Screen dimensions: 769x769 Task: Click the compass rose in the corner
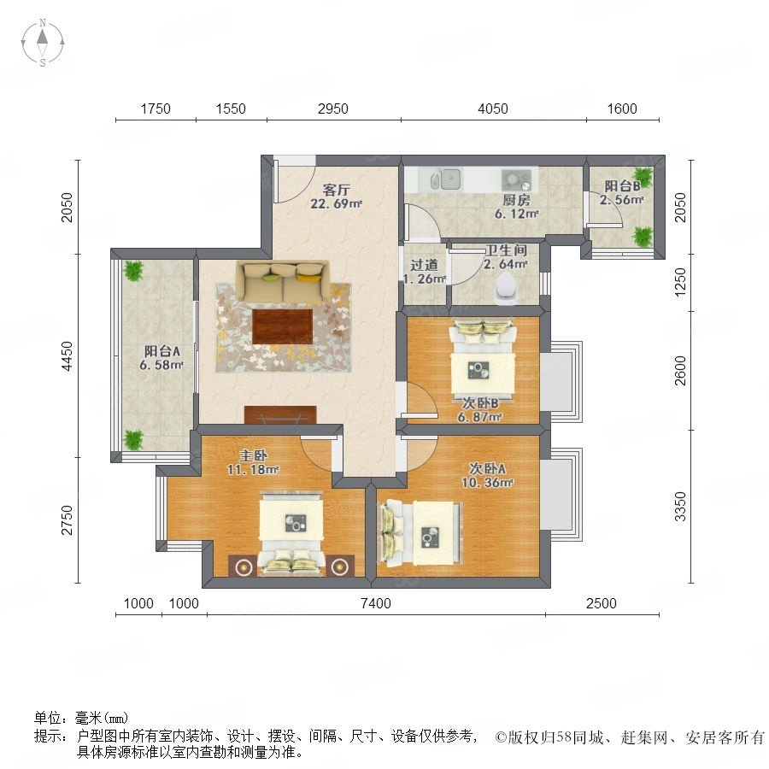43,43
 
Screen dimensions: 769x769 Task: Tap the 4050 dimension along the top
492,109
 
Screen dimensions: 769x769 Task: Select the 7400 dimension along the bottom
376,603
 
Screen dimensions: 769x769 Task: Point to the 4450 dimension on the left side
67,356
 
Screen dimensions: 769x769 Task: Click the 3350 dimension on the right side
680,507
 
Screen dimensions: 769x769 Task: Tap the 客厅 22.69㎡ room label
336,197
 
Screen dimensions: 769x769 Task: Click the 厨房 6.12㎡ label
516,207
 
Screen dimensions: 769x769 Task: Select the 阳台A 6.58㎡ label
161,357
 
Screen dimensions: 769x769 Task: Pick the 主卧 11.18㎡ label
253,462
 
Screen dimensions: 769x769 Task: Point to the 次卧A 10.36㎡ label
487,475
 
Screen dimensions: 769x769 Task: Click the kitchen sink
446,179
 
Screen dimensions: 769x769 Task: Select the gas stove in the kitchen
516,180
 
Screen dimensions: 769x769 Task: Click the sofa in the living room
282,282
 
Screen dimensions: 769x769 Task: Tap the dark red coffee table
283,326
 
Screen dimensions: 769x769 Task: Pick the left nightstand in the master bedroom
243,566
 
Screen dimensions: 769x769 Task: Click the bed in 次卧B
483,356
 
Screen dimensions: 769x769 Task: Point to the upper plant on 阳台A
133,270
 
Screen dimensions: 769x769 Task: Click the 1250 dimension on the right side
680,282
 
